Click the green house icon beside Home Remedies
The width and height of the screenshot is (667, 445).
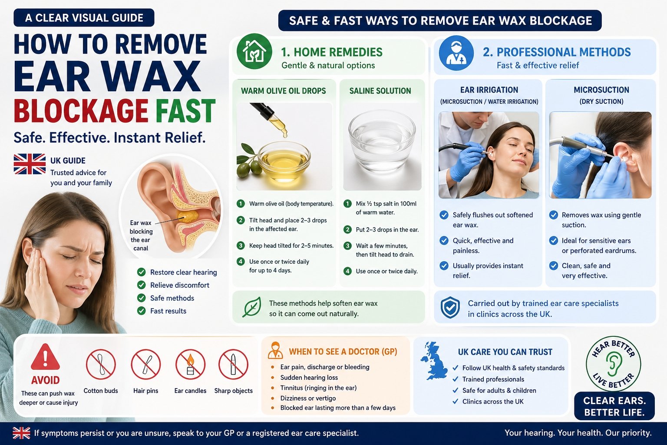pos(254,51)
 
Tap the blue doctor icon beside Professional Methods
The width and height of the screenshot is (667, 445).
pos(456,53)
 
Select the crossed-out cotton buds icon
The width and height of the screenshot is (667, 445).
pos(101,364)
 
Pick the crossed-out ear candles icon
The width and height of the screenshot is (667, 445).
pos(190,364)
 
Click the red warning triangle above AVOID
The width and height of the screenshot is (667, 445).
pos(45,357)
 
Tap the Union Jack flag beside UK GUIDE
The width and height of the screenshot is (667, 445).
pos(30,164)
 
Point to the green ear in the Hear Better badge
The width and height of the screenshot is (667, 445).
pos(614,364)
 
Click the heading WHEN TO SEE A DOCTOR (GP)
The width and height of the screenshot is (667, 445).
pos(343,352)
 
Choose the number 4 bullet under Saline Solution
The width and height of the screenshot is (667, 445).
pos(347,271)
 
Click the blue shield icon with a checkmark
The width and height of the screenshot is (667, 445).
pos(450,308)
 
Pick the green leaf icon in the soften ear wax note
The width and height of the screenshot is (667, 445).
pos(252,307)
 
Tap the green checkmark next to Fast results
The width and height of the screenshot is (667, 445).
pos(141,311)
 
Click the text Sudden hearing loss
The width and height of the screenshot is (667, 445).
pos(309,378)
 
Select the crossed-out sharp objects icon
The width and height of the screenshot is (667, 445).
pos(234,364)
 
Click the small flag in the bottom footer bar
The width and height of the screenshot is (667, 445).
pos(21,433)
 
